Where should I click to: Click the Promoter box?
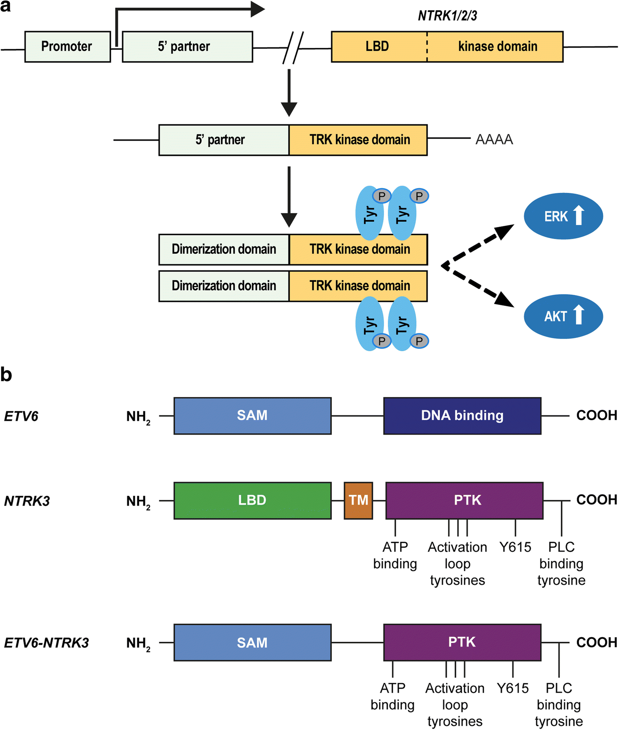(x=67, y=47)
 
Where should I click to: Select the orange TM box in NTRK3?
(x=358, y=500)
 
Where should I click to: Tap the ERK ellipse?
(x=563, y=216)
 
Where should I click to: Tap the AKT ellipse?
(x=563, y=316)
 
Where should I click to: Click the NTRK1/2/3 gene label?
(x=447, y=16)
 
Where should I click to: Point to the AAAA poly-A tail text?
(x=494, y=140)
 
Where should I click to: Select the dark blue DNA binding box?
(x=462, y=416)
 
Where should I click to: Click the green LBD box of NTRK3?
(x=252, y=500)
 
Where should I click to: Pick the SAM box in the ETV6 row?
(x=252, y=416)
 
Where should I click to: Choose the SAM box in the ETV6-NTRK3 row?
(x=252, y=642)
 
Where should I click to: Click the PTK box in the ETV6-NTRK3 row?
(x=462, y=642)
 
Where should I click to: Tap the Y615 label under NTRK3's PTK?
(x=515, y=547)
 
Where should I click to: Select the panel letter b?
(x=6, y=374)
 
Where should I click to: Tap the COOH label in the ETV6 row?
(x=596, y=415)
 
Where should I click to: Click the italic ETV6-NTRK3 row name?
(x=46, y=643)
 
